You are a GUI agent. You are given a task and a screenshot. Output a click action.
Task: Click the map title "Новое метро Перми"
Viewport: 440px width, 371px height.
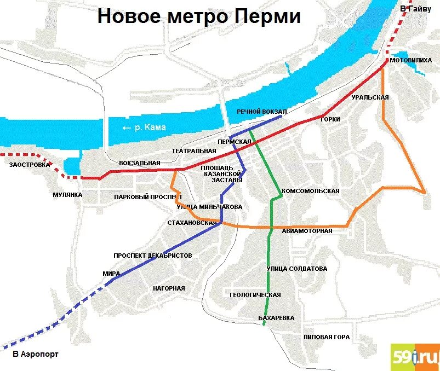pos(199,16)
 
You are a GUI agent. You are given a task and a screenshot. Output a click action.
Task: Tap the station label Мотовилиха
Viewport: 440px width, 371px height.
pos(410,61)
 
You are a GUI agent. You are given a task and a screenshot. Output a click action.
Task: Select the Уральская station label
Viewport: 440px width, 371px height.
pos(370,97)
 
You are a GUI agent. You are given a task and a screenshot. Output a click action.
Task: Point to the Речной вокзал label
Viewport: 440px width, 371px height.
pos(262,112)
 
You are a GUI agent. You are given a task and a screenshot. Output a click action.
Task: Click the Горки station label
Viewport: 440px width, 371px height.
pos(330,119)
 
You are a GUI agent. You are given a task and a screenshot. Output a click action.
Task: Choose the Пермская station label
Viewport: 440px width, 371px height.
pos(234,142)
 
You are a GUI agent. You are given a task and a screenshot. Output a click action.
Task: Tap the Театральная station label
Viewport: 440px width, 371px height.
pos(194,150)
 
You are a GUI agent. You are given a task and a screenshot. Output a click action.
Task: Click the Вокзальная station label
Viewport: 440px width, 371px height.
pos(140,163)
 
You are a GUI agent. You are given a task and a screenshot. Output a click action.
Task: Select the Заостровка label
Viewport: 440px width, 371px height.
pos(26,164)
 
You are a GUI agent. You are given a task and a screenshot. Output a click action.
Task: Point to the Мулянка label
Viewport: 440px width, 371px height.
pos(67,195)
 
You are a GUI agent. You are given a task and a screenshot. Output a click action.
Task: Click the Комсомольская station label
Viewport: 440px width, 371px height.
pos(310,192)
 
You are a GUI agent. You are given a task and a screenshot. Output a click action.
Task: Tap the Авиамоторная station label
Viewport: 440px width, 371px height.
pos(307,231)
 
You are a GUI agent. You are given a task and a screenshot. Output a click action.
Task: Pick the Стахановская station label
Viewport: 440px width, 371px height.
pos(192,223)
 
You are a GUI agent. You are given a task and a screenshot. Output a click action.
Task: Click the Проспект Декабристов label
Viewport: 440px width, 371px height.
pos(153,256)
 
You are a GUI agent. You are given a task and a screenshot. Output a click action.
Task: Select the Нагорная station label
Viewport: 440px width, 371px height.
pos(169,288)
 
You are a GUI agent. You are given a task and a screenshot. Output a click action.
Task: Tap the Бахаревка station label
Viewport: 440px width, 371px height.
pos(276,318)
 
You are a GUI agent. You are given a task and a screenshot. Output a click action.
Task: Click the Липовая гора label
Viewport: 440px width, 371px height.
pos(327,337)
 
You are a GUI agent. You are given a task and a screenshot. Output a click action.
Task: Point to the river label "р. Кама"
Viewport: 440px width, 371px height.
pos(144,127)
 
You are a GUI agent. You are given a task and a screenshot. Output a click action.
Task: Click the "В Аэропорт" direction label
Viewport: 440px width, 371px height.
pos(35,354)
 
